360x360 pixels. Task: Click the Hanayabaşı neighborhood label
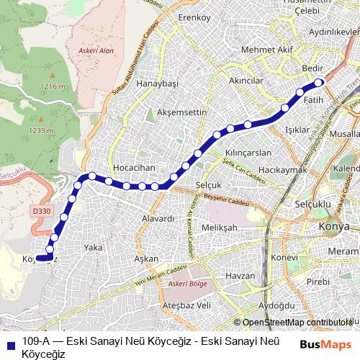[x=157, y=84]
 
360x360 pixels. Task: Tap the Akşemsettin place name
[x=176, y=113]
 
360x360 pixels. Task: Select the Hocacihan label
[x=135, y=167]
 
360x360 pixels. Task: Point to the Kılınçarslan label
[x=248, y=153]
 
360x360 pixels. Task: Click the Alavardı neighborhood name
[x=158, y=218]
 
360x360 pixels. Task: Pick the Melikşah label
[x=220, y=228]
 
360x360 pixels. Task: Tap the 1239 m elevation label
[x=41, y=130]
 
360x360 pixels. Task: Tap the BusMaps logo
[x=325, y=344]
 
